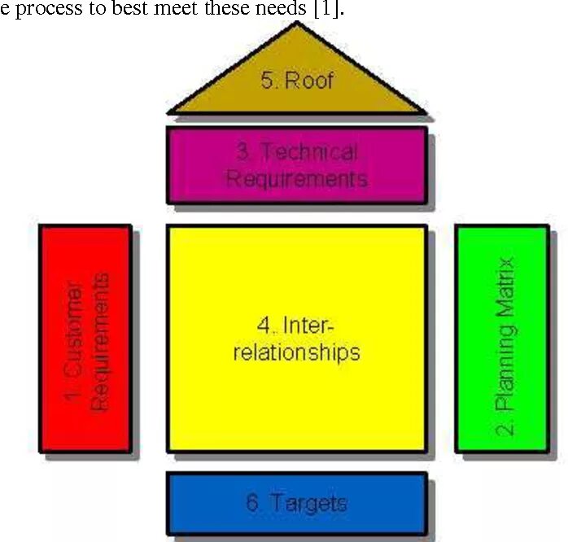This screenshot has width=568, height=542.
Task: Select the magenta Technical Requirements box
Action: point(296,164)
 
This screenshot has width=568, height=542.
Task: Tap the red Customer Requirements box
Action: point(85,339)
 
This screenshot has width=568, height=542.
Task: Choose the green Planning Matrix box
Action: point(502,339)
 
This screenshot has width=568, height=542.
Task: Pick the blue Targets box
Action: point(296,503)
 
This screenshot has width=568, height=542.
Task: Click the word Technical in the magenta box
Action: point(309,152)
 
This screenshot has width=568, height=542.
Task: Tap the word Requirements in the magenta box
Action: point(296,177)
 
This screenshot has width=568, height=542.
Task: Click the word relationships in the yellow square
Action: point(296,352)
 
